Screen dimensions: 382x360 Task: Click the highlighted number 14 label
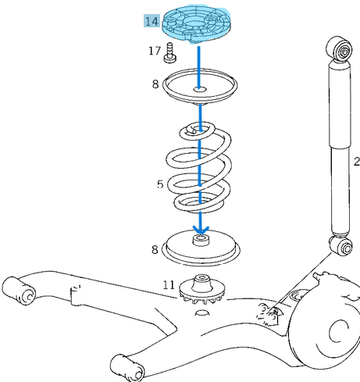click(x=151, y=21)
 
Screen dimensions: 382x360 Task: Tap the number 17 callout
click(x=155, y=52)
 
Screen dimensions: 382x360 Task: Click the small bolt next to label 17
click(x=170, y=54)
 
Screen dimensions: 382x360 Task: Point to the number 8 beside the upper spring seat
click(x=155, y=84)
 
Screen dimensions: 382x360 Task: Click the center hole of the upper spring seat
click(x=201, y=91)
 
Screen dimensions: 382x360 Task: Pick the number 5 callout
click(x=159, y=185)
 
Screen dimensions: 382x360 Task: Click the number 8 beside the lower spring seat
click(x=155, y=250)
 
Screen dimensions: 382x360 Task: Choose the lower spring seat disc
click(x=201, y=248)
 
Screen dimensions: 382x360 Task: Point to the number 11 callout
click(x=169, y=285)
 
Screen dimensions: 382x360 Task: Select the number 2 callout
click(x=355, y=162)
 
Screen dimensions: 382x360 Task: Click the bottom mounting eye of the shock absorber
click(x=340, y=247)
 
